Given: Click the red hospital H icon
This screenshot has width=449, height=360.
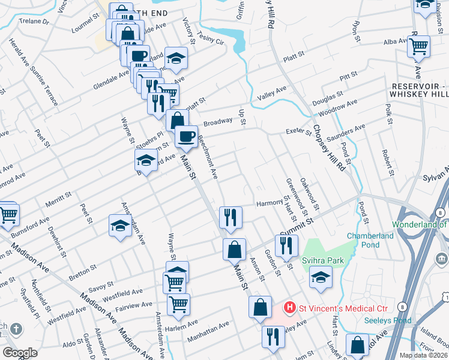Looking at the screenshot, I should point(290,308).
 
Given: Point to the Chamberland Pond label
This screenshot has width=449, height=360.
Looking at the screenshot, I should point(370,241).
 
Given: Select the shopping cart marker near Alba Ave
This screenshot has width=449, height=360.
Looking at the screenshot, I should point(418,45).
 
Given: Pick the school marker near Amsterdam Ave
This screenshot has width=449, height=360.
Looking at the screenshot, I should point(120,226).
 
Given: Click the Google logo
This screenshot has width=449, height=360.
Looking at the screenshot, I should point(20,352).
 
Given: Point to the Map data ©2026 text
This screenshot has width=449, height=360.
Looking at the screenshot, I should point(423,355).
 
